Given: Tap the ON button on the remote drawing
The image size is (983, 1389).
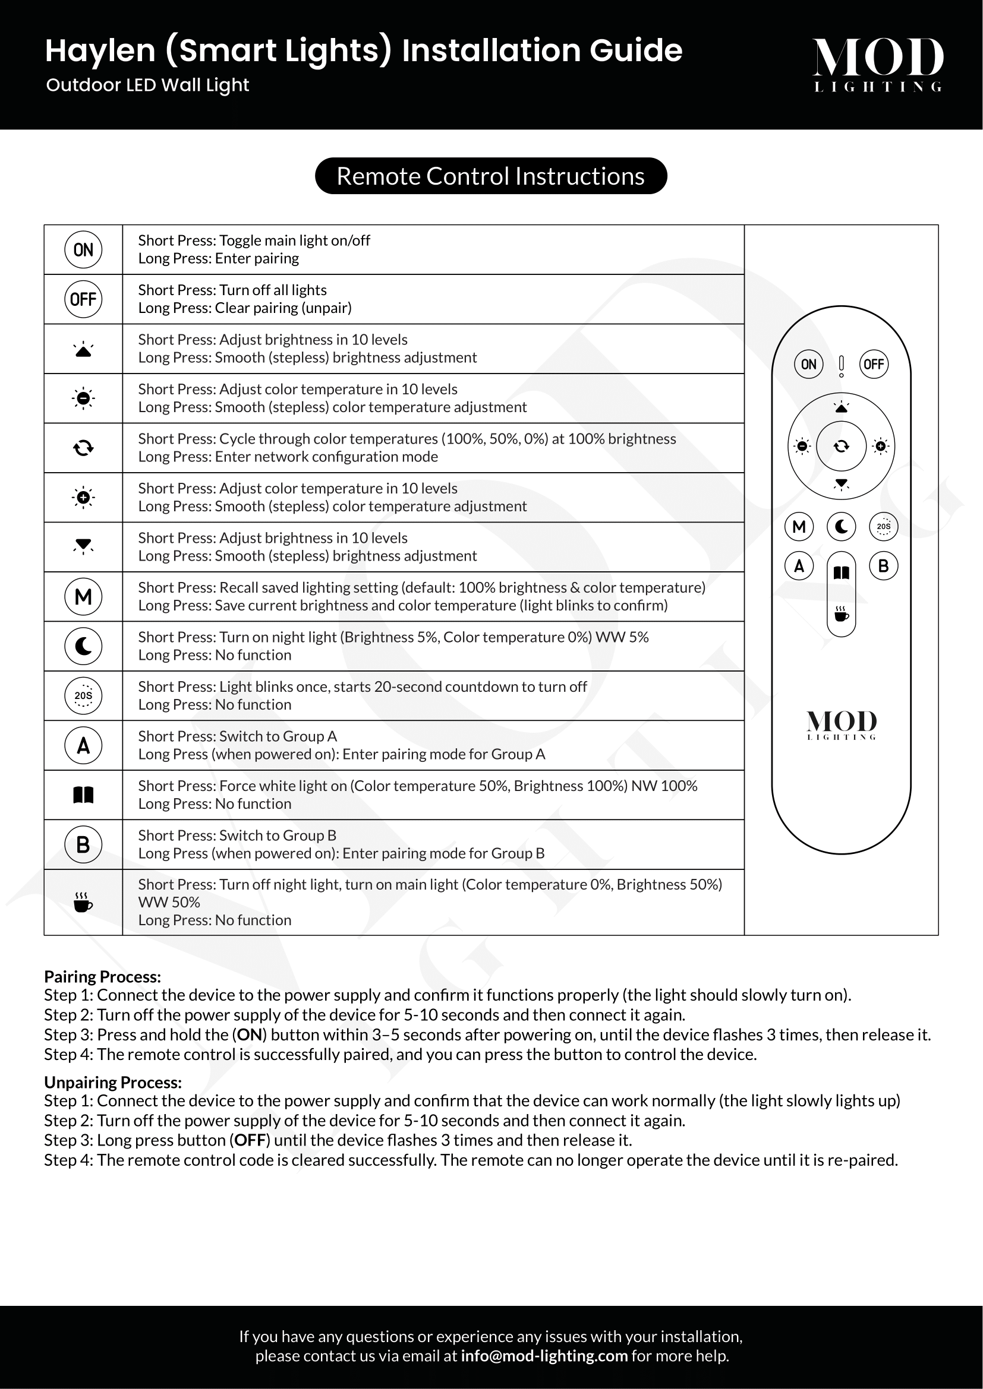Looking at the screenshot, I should [x=809, y=364].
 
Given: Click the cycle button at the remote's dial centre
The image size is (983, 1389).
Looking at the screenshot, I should [x=842, y=447].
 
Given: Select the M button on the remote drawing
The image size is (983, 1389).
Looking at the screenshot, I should [x=799, y=526].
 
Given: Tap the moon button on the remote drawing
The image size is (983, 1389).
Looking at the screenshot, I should [x=842, y=526].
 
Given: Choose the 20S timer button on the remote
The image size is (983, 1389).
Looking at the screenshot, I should [x=884, y=526].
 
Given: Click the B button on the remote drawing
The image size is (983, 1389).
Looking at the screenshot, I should [x=884, y=567].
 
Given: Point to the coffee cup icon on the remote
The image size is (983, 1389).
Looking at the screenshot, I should [x=842, y=614].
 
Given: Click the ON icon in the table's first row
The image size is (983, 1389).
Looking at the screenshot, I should [x=84, y=250].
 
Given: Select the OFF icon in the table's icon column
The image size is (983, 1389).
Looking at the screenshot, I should [x=84, y=299].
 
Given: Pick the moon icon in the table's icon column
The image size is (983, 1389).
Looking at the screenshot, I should [x=84, y=646].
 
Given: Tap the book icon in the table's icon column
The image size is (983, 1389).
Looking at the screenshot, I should [x=84, y=795].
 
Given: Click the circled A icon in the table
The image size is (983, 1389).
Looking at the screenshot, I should [x=84, y=745].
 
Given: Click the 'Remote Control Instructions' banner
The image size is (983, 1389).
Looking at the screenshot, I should [x=491, y=176].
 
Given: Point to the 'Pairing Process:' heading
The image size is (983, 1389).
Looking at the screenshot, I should [x=102, y=976].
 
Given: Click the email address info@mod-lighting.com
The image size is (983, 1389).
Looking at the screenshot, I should [x=544, y=1356].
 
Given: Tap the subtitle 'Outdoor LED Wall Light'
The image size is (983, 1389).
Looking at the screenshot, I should [x=148, y=86].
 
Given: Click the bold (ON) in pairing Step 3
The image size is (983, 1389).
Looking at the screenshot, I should [x=250, y=1035].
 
